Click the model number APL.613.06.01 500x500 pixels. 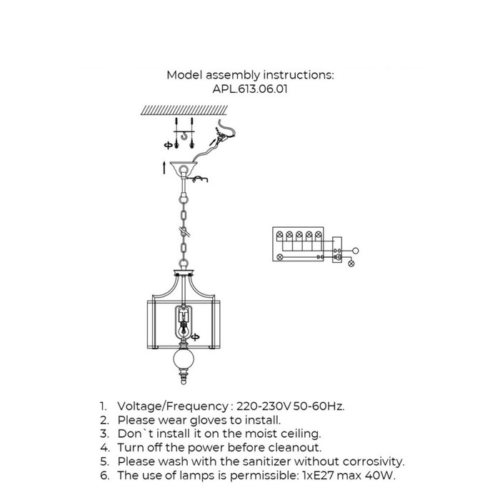[250, 89]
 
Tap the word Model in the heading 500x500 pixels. [184, 75]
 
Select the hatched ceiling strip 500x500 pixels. [184, 110]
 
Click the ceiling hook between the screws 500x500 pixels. [184, 136]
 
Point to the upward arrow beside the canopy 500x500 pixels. [164, 168]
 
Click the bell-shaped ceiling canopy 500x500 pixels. [184, 166]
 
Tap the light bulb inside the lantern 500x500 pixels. [183, 328]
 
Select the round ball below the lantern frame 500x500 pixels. [184, 359]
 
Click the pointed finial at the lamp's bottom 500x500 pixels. [184, 377]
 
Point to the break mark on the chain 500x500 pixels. [185, 231]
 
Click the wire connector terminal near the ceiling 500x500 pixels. [220, 137]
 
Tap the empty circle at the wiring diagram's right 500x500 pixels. [356, 251]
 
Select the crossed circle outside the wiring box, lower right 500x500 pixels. [351, 264]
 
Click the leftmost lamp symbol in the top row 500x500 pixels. [280, 235]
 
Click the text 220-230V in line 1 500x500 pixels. [264, 406]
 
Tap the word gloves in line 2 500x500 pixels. [211, 420]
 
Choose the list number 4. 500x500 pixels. [104, 448]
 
